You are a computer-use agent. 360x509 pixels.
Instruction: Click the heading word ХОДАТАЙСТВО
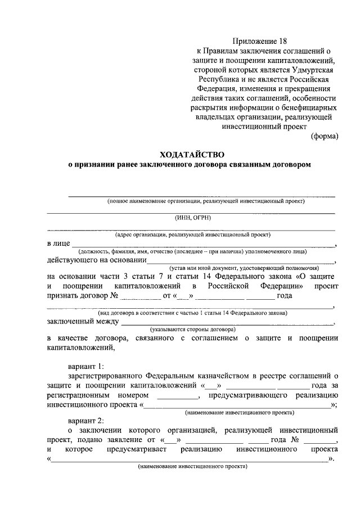(192, 154)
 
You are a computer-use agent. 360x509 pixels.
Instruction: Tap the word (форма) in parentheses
(325, 136)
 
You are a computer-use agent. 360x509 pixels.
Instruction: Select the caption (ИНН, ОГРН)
(193, 218)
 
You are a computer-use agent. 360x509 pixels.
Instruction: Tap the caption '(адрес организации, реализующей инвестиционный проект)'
(193, 234)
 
